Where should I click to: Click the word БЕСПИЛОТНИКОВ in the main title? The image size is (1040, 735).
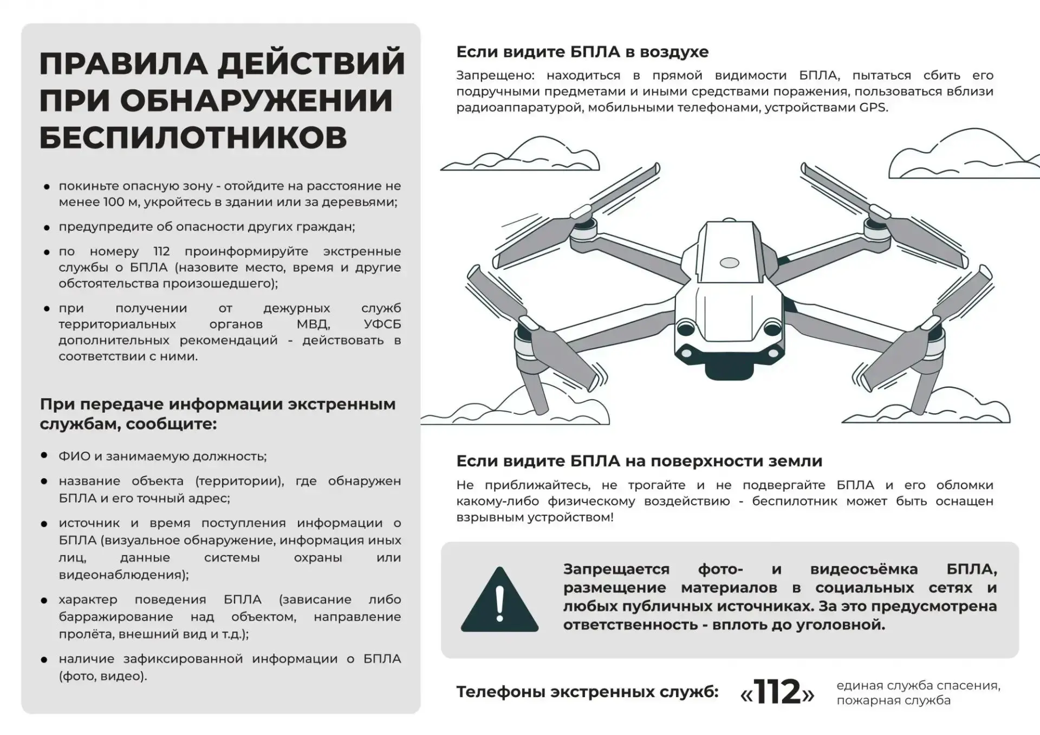[x=193, y=137]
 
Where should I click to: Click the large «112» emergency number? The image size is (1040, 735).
[x=777, y=692]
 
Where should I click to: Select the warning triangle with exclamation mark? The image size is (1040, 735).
[x=499, y=600]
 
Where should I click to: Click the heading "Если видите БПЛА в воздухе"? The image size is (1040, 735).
[x=582, y=52]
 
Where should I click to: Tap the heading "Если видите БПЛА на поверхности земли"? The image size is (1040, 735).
[x=639, y=461]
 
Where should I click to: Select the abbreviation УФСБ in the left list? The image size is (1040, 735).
[x=382, y=324]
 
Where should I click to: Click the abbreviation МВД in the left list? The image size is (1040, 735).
[x=313, y=324]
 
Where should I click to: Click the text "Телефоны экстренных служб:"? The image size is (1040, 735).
[x=587, y=692]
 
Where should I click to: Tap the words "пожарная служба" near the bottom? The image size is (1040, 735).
[x=893, y=700]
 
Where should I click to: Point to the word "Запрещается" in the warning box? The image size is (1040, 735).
[x=616, y=570]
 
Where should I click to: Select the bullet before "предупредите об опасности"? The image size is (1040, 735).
[x=47, y=227]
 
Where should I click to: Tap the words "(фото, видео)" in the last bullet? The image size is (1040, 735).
[x=102, y=676]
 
